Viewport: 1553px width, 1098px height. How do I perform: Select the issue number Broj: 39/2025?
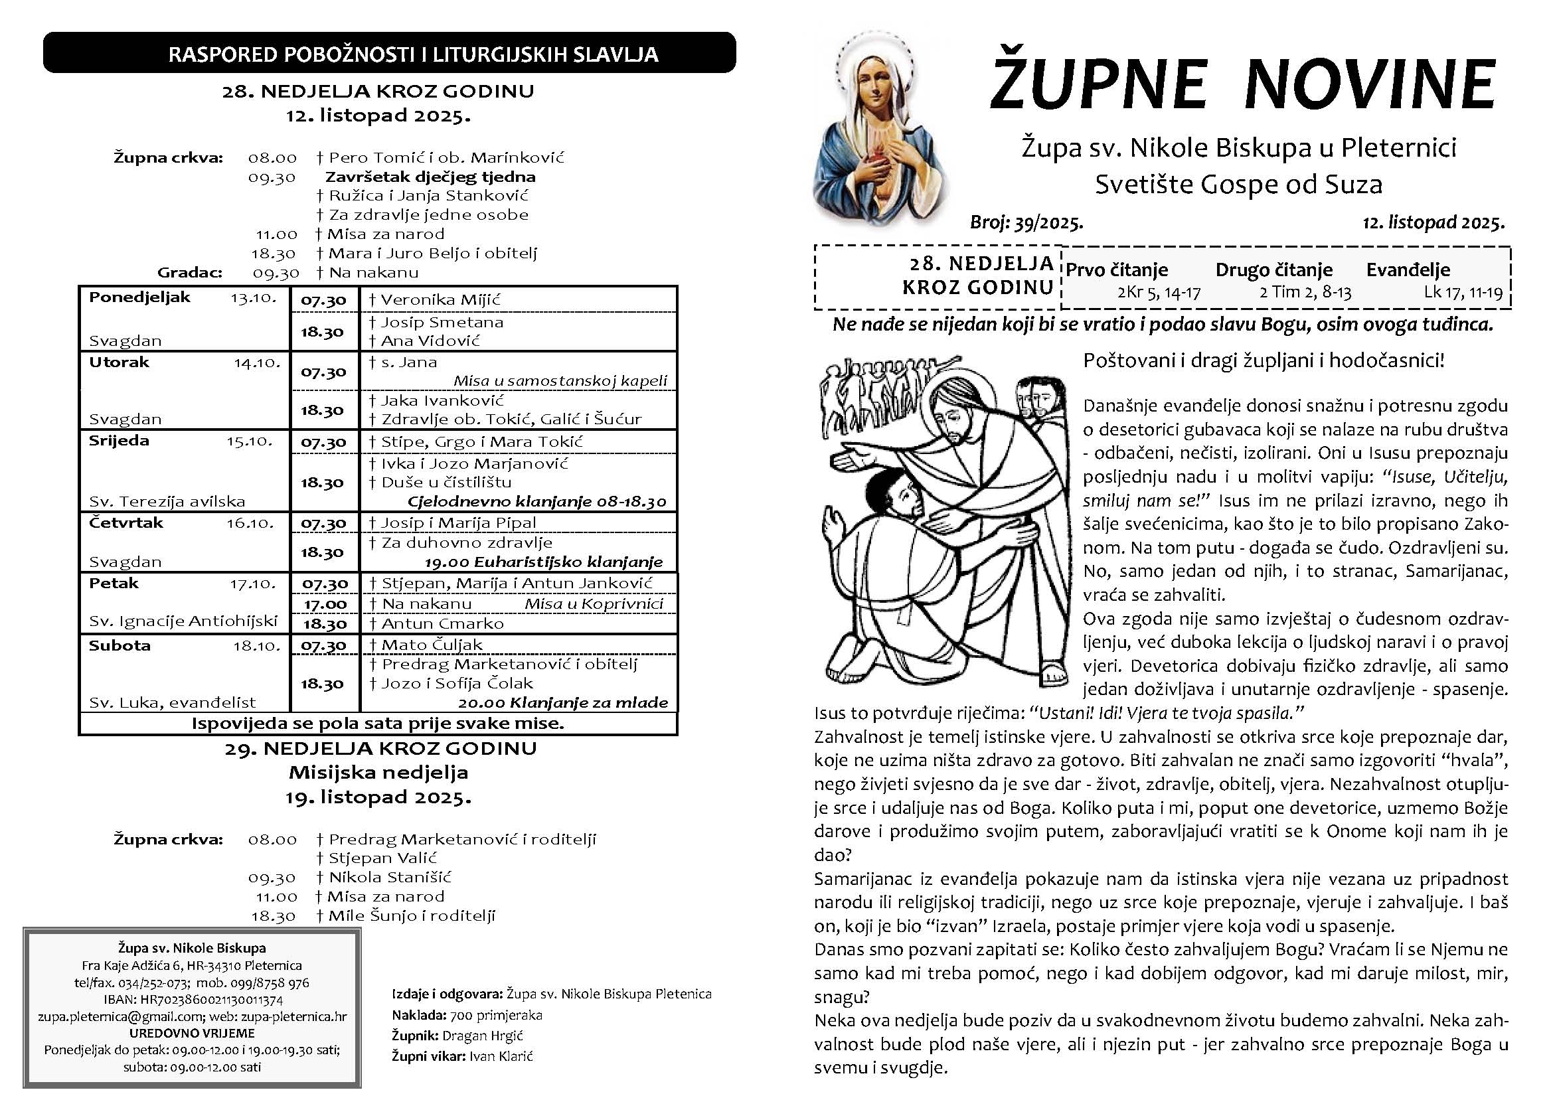(1026, 222)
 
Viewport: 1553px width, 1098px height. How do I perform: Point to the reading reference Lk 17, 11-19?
(1463, 292)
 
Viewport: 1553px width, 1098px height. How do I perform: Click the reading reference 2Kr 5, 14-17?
(1159, 293)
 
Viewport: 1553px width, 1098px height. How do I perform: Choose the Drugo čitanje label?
(1273, 270)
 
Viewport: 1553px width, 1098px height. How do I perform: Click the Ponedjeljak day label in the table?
(139, 297)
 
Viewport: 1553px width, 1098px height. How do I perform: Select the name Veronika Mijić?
(440, 300)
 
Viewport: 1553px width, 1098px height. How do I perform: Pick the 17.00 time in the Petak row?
(325, 603)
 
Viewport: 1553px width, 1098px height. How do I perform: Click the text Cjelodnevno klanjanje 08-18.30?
(536, 502)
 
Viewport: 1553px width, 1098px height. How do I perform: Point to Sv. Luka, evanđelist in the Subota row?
(173, 702)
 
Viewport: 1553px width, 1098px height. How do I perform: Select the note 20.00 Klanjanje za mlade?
(563, 702)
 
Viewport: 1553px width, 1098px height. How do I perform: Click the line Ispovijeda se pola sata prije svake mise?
(377, 724)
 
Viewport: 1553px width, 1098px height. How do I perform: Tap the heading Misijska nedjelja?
(378, 772)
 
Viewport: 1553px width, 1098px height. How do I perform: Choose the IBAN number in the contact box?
(193, 999)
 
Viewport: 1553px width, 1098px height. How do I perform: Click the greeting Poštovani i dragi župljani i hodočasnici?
(1264, 360)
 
